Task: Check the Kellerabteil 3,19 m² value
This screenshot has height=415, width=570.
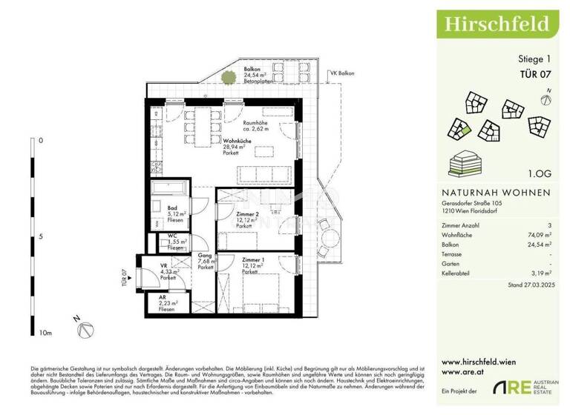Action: tap(541, 273)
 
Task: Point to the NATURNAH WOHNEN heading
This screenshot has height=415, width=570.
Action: tap(491, 192)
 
